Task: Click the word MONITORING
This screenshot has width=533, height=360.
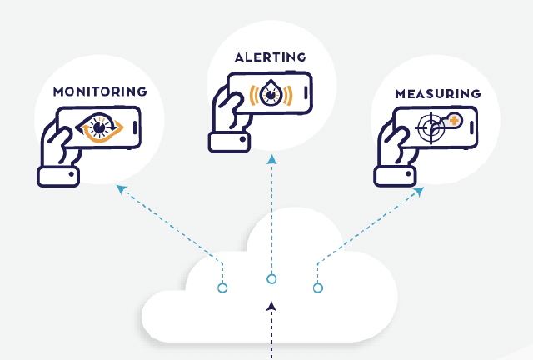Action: (x=100, y=91)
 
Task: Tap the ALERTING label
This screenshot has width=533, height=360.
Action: (x=270, y=57)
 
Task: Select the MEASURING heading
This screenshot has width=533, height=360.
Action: (x=438, y=93)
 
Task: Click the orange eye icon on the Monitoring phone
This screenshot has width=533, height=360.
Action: (x=101, y=128)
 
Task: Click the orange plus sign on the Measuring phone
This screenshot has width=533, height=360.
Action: (x=454, y=121)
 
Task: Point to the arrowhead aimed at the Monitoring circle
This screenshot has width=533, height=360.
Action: (x=122, y=190)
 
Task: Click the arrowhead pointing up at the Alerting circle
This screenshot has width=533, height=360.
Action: (x=271, y=158)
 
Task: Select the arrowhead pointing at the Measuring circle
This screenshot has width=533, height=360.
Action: (x=418, y=192)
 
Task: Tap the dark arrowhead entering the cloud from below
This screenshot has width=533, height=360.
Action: (x=271, y=307)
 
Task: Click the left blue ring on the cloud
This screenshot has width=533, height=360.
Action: (x=222, y=288)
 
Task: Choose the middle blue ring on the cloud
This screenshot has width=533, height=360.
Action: (x=271, y=279)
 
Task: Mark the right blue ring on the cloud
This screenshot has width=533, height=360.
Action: (x=317, y=288)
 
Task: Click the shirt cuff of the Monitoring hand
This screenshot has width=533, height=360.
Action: (x=58, y=176)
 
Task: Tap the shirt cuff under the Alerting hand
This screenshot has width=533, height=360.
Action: (x=229, y=141)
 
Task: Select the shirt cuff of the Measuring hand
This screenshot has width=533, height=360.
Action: (x=396, y=174)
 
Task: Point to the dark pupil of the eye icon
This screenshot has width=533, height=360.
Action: (x=100, y=128)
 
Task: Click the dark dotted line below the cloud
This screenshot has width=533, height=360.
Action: (x=271, y=337)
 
